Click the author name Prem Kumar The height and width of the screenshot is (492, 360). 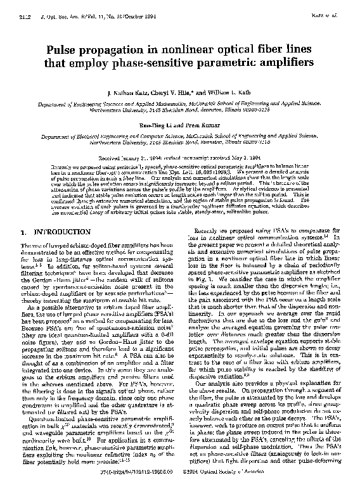click(x=205, y=127)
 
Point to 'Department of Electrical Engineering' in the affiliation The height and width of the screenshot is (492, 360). click(x=88, y=135)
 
